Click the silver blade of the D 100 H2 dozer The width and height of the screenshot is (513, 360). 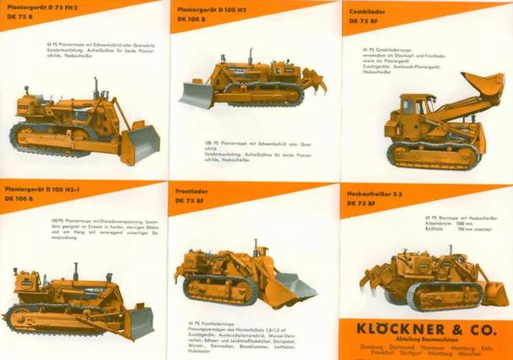tap(196, 94)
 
